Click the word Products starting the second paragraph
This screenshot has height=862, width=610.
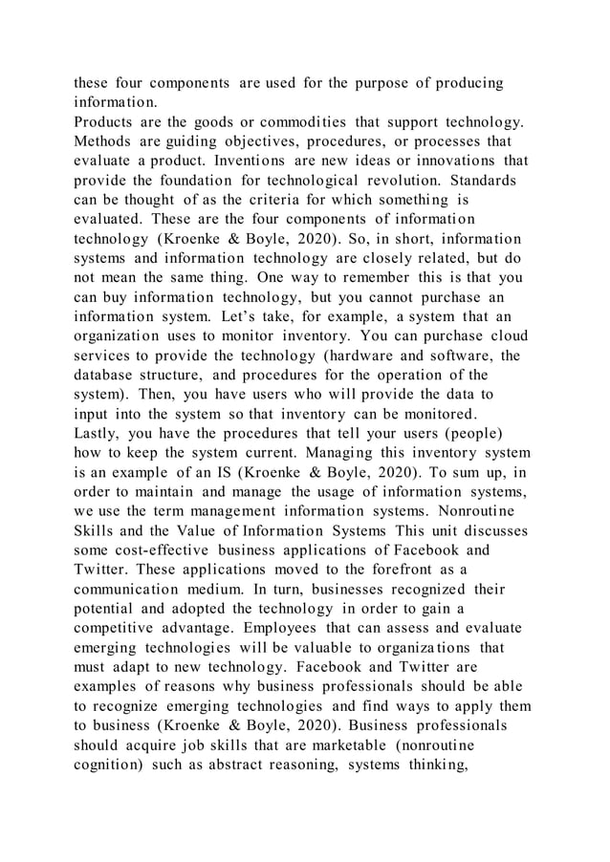point(105,123)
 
